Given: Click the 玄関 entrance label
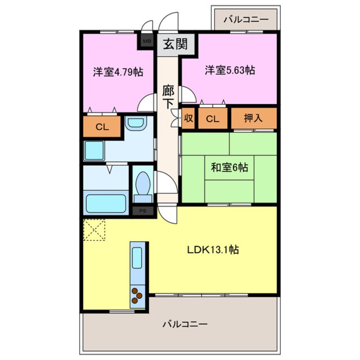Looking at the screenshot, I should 175,44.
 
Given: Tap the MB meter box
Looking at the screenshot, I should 147,41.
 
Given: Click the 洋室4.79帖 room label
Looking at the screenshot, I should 118,72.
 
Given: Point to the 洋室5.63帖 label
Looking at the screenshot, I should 230,70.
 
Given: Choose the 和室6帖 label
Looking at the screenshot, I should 229,168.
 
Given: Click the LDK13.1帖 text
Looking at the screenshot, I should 213,250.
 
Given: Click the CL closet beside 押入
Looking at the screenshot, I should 213,119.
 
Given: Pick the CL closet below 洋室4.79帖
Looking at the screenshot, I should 101,126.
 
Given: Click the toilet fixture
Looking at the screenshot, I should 143,186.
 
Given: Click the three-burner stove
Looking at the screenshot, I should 137,296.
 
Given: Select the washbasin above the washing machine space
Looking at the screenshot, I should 136,124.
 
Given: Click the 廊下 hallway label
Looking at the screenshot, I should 169,97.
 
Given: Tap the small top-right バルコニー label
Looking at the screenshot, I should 246,19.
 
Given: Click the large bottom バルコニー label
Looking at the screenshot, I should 185,325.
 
